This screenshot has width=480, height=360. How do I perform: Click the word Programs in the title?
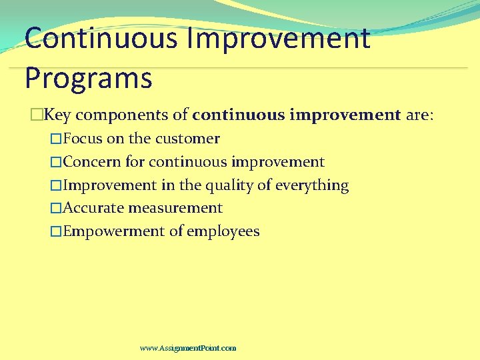[x=88, y=78]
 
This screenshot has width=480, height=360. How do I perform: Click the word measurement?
[x=175, y=208]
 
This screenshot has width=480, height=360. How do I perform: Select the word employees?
[x=223, y=231]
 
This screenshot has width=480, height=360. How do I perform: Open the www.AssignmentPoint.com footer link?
[x=188, y=348]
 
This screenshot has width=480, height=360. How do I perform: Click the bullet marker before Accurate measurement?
[x=56, y=209]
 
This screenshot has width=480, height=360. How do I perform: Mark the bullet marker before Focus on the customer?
[x=56, y=139]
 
